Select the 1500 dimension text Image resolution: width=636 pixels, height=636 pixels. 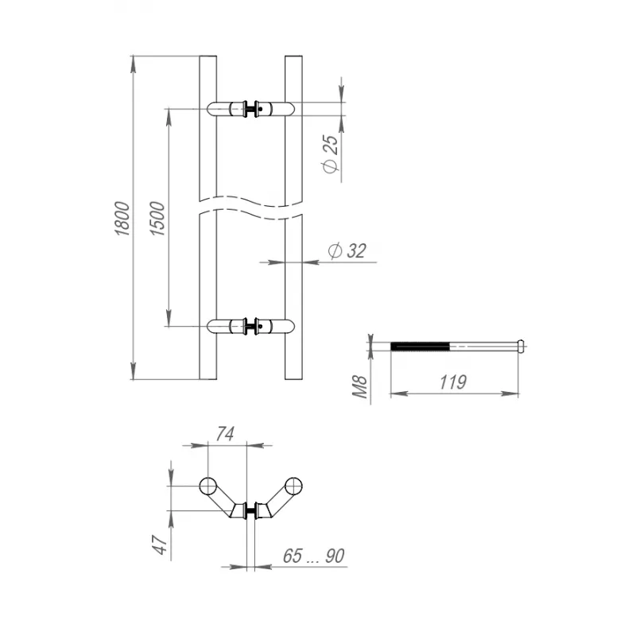pyautogui.click(x=157, y=216)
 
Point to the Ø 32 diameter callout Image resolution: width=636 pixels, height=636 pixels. pyautogui.click(x=347, y=251)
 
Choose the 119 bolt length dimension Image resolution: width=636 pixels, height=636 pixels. pyautogui.click(x=452, y=382)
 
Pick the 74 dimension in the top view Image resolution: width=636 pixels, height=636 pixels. pyautogui.click(x=225, y=433)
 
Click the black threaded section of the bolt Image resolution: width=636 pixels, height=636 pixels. pyautogui.click(x=421, y=346)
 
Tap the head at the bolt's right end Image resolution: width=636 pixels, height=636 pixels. pyautogui.click(x=520, y=346)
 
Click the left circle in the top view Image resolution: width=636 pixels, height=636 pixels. pyautogui.click(x=207, y=486)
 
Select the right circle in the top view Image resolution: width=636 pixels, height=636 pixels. pyautogui.click(x=295, y=486)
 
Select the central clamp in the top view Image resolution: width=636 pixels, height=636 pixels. pyautogui.click(x=251, y=510)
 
